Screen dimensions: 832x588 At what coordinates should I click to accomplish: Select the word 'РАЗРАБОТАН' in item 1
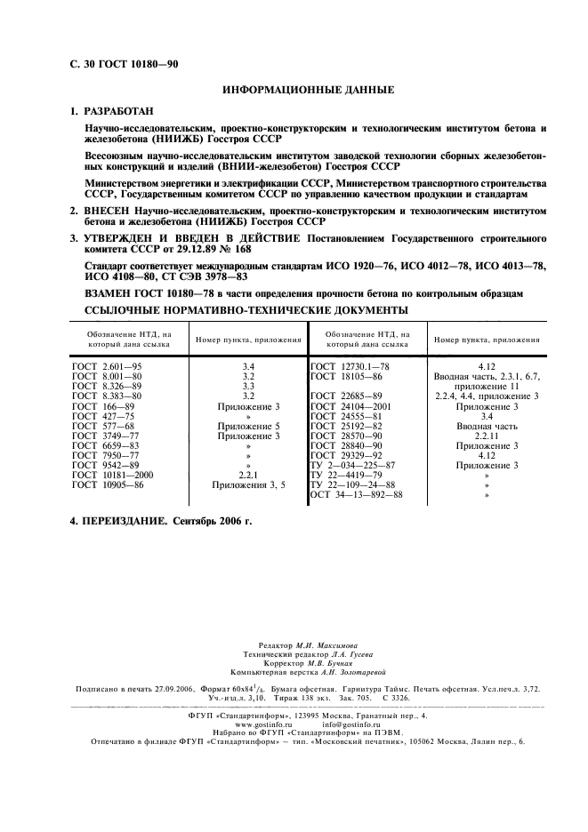pos(118,112)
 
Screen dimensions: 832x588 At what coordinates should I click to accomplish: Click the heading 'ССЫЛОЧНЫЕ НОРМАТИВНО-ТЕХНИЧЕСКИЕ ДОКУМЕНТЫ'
pos(246,310)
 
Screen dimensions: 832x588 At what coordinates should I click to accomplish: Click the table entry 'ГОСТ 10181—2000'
pos(112,475)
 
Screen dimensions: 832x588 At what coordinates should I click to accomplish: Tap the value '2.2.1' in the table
pos(248,475)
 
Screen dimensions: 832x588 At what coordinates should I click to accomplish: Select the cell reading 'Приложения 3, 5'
pos(248,485)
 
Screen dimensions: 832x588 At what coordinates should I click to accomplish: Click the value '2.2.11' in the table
pos(486,436)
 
